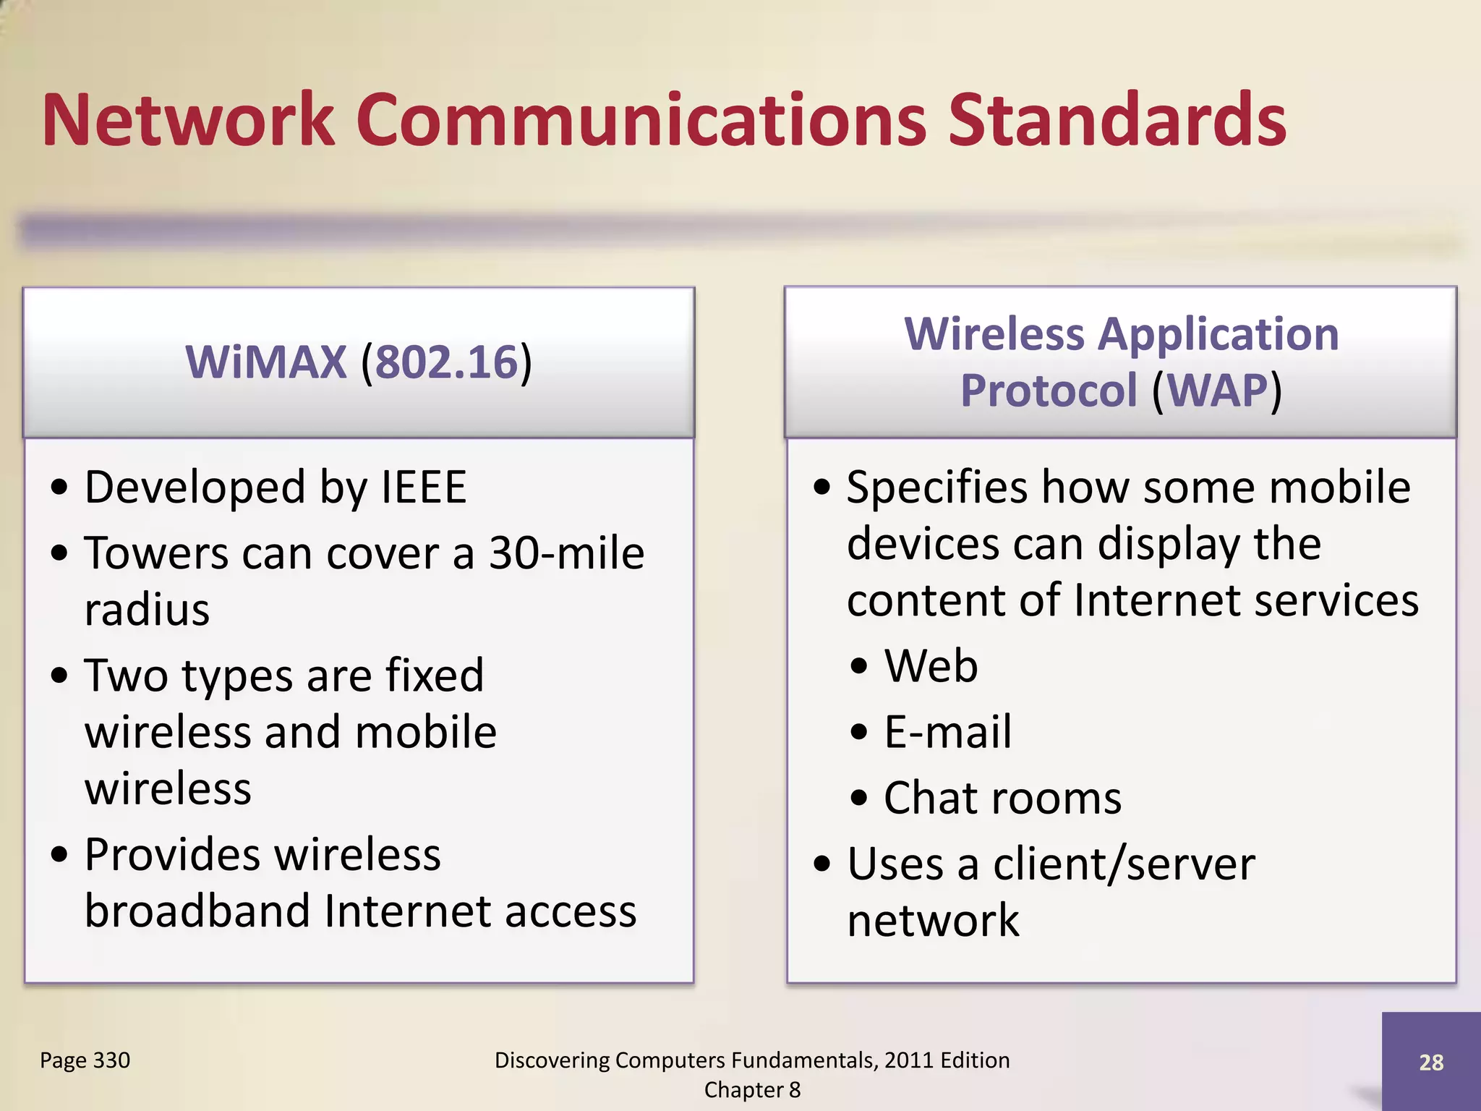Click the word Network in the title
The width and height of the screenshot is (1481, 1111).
[x=188, y=120]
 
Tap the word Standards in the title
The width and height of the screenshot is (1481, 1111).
[x=1117, y=120]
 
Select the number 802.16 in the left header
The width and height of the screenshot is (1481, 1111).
[x=447, y=362]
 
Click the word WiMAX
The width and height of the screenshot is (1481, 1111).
[x=266, y=362]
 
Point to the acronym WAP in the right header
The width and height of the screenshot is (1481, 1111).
[x=1218, y=391]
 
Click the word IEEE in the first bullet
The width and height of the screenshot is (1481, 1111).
[x=424, y=488]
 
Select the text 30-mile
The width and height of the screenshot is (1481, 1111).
[x=566, y=554]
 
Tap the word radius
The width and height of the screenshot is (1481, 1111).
[x=147, y=610]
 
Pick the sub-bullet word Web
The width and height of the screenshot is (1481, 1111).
[x=931, y=666]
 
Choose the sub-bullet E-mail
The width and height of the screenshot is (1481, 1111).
[x=948, y=732]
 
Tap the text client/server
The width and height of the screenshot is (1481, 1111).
[x=1124, y=864]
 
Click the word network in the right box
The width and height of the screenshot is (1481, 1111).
[x=933, y=921]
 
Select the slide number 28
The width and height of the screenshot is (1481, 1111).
[x=1431, y=1063]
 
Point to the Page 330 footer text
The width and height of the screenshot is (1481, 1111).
[x=85, y=1060]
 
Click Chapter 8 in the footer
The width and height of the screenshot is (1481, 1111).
[x=752, y=1090]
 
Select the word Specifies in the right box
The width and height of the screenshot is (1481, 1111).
[x=937, y=488]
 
